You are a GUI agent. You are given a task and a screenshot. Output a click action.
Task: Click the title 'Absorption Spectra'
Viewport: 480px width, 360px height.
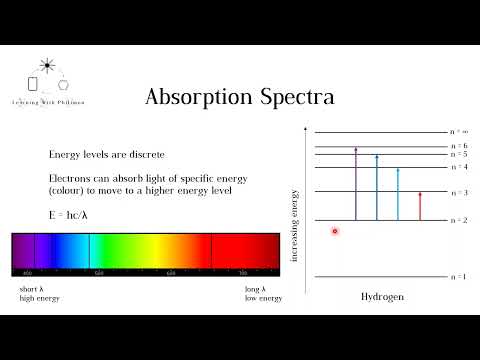point(239,97)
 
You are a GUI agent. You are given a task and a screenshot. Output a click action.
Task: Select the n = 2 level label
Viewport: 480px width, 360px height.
point(458,219)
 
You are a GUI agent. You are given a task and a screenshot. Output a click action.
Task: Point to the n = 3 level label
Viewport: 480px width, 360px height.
point(458,191)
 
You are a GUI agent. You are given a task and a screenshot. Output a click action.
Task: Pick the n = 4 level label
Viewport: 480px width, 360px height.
point(458,166)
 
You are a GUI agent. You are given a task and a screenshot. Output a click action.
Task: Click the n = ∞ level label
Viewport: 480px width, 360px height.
point(458,131)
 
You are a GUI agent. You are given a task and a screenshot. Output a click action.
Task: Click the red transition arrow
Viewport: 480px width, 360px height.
point(420,205)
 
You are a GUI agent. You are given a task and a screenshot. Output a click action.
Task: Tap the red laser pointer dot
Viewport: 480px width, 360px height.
point(335,231)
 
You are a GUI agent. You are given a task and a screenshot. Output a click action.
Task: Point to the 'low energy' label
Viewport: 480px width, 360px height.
point(264,298)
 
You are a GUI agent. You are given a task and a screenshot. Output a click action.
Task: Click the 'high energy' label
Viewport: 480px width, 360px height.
point(39,298)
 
